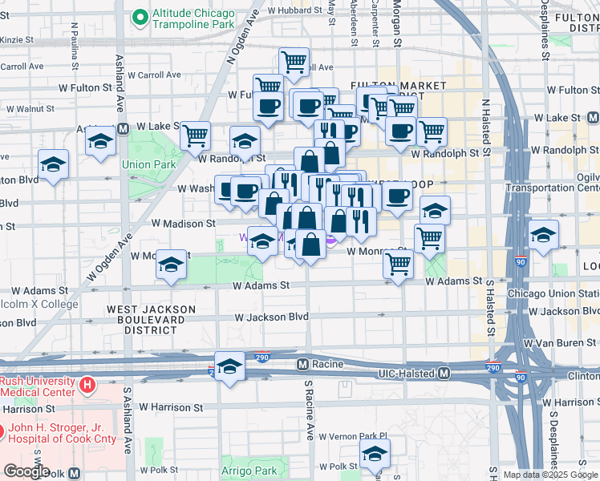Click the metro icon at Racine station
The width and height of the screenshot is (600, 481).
pos(302,364)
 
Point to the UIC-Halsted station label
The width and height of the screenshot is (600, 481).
pos(405,374)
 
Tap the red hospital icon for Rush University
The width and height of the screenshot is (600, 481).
pos(87,386)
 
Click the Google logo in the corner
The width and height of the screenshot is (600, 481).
pos(26,472)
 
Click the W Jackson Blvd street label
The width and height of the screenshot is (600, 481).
pos(272,317)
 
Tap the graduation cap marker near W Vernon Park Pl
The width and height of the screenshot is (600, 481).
pos(373,455)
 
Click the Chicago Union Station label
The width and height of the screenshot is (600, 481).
pos(553,293)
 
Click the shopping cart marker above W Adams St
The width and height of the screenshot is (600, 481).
pos(399,265)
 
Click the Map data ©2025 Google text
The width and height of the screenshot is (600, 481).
pos(549,475)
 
